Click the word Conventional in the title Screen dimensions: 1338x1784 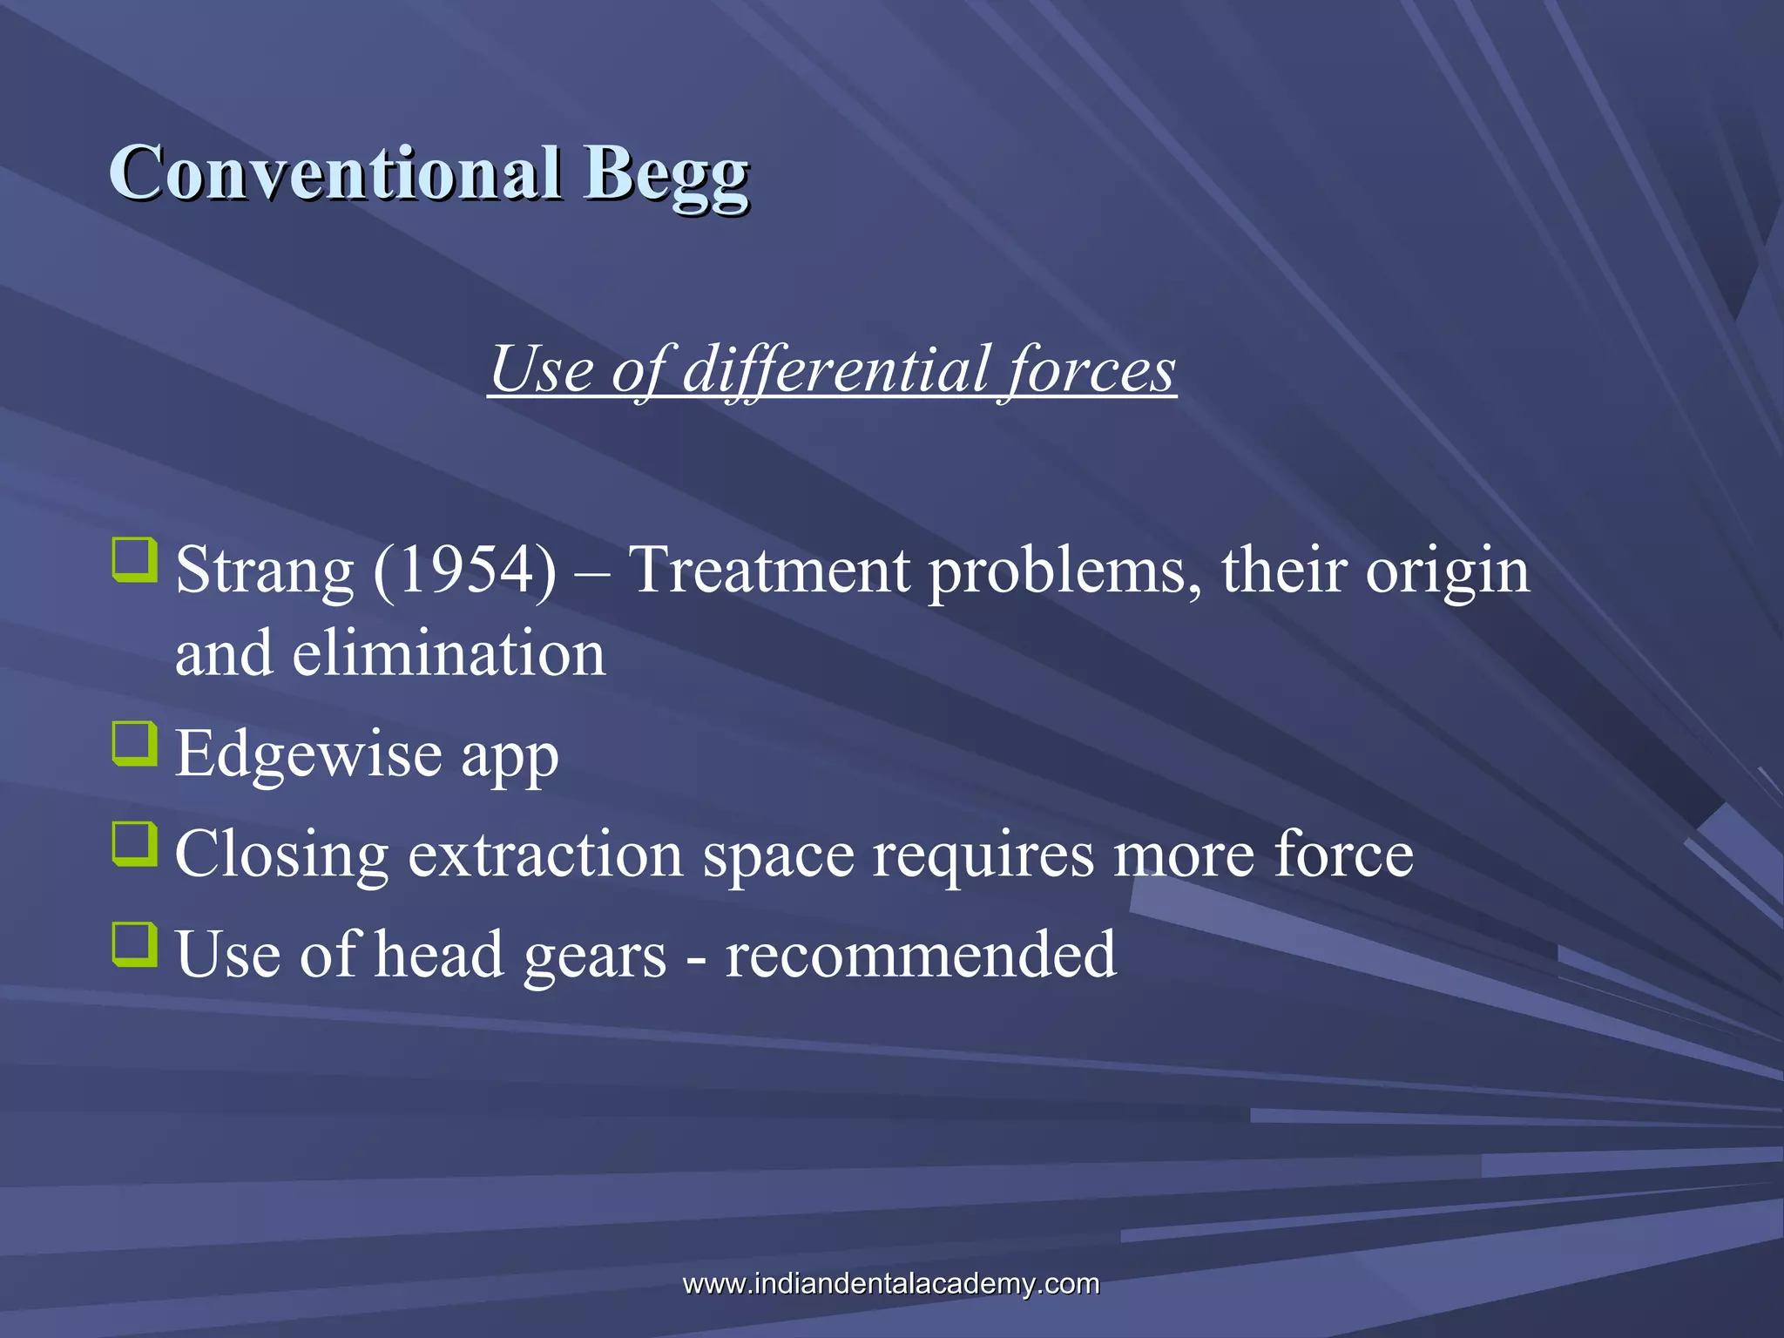[x=335, y=172]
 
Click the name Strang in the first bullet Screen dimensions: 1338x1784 [x=264, y=571]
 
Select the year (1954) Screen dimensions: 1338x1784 [x=464, y=571]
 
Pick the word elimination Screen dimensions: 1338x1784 [x=448, y=653]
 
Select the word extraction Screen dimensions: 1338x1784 [x=545, y=854]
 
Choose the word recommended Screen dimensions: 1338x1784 [x=921, y=954]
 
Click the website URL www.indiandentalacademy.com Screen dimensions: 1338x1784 [x=891, y=1283]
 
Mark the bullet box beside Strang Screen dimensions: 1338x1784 [x=135, y=560]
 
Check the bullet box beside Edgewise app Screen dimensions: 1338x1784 [x=135, y=743]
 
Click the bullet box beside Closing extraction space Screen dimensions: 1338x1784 [x=135, y=844]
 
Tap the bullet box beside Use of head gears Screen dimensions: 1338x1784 [x=135, y=944]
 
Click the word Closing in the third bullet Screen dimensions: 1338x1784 [x=281, y=855]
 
